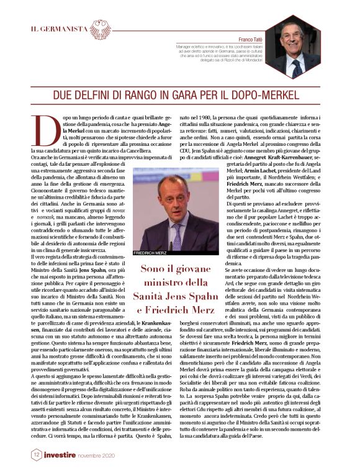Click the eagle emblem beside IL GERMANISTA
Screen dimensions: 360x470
pos(101,29)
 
